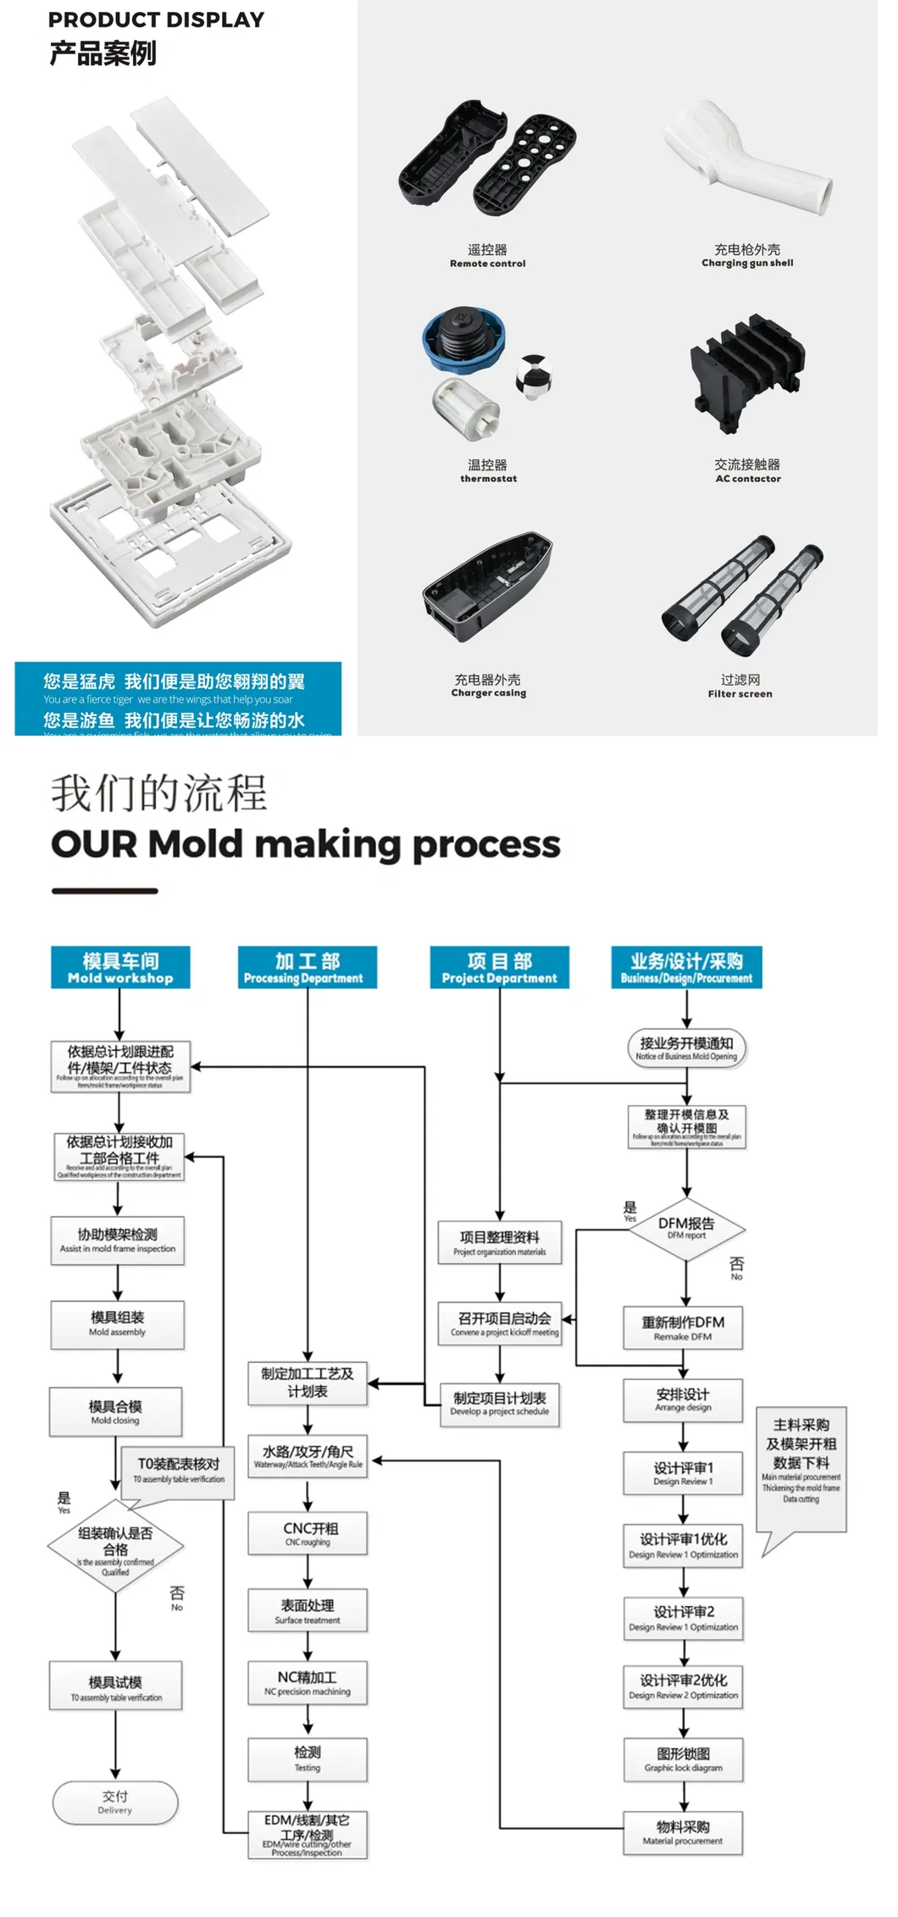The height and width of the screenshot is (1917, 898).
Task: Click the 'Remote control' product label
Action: (487, 264)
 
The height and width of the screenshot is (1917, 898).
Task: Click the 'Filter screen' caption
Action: (740, 693)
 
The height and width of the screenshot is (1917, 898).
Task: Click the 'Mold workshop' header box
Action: (120, 967)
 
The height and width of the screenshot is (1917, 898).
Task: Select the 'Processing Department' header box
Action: (307, 967)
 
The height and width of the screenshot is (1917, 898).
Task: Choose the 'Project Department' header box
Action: (499, 967)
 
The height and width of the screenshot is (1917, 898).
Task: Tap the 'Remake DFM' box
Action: (683, 1328)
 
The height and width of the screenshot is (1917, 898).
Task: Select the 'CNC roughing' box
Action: (308, 1533)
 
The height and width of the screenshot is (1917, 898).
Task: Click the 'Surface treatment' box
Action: (308, 1610)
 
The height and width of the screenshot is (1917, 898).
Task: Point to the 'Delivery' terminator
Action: (115, 1802)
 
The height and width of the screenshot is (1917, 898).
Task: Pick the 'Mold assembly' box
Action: (117, 1324)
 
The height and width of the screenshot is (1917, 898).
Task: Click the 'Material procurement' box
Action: (683, 1832)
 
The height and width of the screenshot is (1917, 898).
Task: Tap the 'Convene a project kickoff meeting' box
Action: (500, 1324)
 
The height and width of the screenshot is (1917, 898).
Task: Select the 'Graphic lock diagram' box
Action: (683, 1759)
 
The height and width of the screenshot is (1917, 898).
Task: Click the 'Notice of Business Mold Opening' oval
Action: (686, 1047)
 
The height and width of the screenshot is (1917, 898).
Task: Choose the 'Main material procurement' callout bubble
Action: (801, 1468)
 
